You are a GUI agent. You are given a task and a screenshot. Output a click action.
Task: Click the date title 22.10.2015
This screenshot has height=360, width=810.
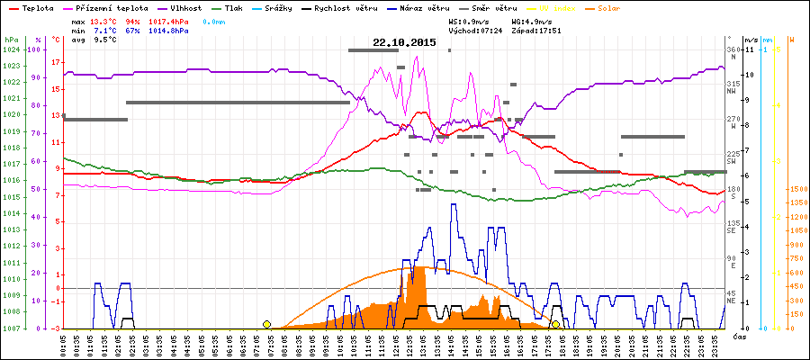point(404,42)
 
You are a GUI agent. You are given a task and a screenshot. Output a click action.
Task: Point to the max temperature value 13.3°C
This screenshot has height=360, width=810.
point(103,20)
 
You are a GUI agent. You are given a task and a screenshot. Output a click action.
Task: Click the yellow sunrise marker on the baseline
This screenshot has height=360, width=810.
point(266,324)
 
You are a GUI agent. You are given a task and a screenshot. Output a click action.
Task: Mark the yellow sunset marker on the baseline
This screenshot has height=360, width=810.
point(556,324)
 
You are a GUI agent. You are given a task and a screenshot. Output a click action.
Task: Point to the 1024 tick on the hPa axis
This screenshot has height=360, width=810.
point(11,49)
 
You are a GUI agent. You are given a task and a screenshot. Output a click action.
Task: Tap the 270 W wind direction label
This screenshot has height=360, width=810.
point(733,120)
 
